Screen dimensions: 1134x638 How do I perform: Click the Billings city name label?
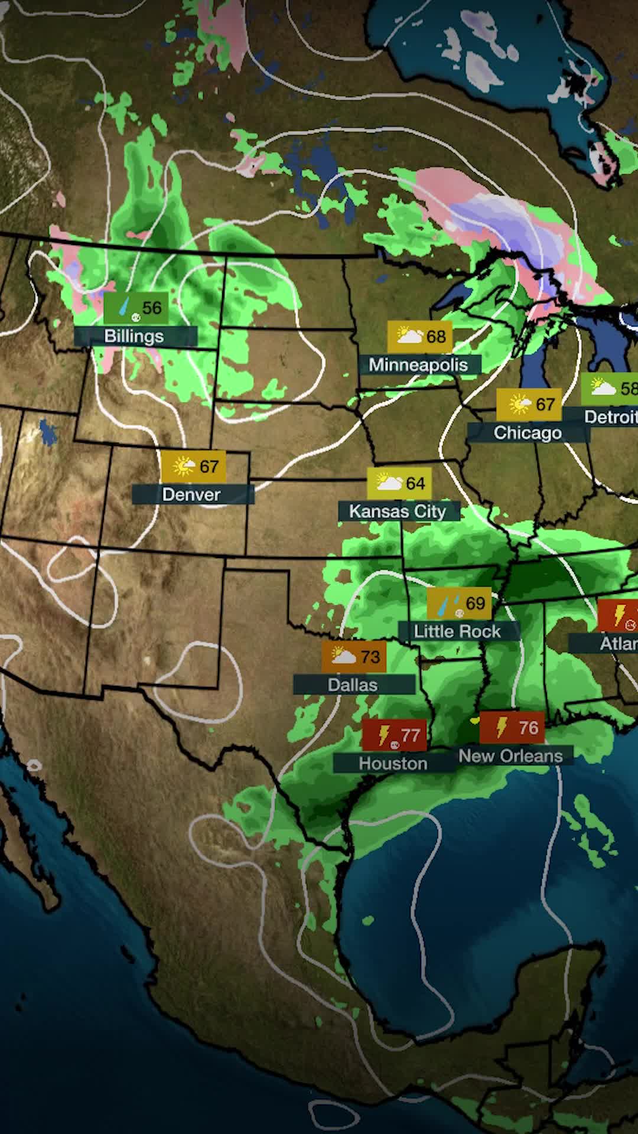134,336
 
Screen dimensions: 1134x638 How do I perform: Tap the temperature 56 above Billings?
152,308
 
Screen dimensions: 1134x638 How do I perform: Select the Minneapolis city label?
418,364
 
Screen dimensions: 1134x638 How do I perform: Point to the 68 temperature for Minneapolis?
436,336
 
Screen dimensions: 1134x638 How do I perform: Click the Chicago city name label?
528,433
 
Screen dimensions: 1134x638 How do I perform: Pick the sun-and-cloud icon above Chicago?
520,405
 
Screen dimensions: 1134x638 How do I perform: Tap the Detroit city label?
610,417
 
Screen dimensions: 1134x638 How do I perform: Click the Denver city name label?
191,494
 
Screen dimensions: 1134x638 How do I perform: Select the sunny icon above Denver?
184,467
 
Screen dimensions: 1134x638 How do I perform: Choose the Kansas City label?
398,511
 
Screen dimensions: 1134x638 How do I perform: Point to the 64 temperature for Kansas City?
415,483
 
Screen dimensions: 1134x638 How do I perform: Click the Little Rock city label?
457,631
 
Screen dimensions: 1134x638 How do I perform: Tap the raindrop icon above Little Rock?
448,604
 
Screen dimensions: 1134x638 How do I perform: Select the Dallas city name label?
353,685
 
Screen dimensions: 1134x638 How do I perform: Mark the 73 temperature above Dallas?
370,657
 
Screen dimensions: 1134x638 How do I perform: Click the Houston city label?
393,763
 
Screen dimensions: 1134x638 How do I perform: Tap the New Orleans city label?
510,756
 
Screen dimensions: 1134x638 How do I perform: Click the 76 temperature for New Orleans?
529,728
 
